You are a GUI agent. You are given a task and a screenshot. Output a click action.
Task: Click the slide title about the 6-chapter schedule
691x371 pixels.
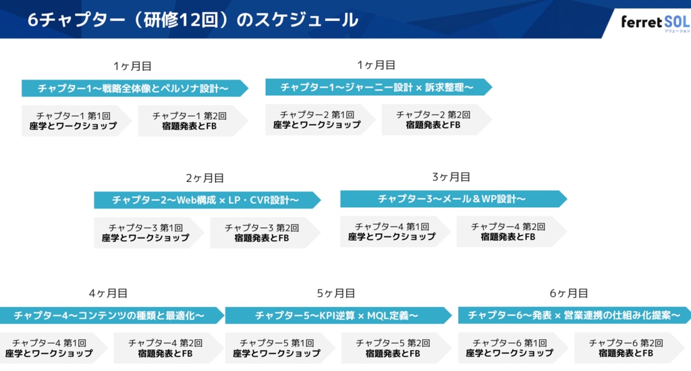coord(192,20)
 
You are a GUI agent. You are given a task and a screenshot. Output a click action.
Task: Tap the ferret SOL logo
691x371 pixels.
coord(655,22)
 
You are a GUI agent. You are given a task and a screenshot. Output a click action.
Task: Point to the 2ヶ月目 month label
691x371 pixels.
coord(204,178)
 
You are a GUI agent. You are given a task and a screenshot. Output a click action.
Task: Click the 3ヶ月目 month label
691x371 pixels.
coord(451,177)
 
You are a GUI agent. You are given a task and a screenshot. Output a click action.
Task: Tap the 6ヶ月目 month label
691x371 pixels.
coord(569,293)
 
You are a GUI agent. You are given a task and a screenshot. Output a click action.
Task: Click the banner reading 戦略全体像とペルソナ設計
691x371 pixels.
coord(134,88)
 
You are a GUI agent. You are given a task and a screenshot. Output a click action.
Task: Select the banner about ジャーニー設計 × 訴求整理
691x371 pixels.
coord(377,88)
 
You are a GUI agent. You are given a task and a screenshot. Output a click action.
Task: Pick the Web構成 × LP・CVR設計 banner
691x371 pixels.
coord(206,200)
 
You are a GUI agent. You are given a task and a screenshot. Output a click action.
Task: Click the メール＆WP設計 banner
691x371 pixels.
coord(451,199)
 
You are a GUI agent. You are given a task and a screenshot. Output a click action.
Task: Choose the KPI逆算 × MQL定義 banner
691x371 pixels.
coord(337,315)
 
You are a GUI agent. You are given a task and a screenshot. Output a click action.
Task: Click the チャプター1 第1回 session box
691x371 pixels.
coord(74,121)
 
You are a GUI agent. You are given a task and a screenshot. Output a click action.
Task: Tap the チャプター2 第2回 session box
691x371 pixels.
coord(433,120)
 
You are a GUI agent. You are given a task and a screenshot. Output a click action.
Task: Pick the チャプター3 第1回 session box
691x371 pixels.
coord(146,233)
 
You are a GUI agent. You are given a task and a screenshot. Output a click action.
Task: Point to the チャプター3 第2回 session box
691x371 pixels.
coord(262,233)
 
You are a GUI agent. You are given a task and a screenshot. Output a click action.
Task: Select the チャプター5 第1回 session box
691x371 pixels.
coord(277,348)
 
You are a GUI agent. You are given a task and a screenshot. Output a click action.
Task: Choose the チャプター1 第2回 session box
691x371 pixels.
coord(190,121)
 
